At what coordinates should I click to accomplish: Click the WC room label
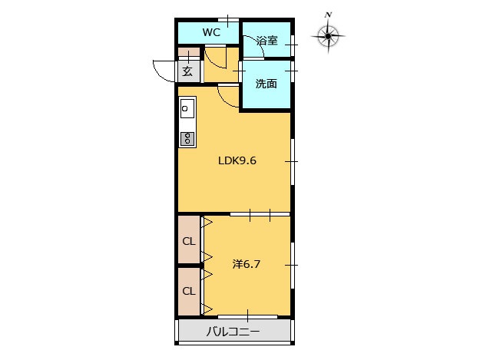tap(211, 32)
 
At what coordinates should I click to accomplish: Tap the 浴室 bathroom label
tap(267, 41)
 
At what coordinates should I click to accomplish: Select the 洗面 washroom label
tap(266, 84)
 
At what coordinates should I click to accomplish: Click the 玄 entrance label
tap(187, 72)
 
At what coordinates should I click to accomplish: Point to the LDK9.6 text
tap(237, 160)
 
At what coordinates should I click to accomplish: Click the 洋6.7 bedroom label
tap(247, 264)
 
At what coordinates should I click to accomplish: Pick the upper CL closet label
tap(189, 241)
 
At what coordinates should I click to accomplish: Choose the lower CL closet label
tap(189, 291)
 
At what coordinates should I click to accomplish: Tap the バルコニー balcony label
tap(233, 332)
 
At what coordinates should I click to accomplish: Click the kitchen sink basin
tap(187, 108)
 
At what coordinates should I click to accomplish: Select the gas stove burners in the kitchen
tap(187, 139)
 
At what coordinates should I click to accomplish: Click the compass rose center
tap(328, 36)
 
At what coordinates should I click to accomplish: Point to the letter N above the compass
tap(329, 15)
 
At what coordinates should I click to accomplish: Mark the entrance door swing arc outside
tap(160, 73)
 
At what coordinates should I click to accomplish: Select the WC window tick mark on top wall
tap(228, 20)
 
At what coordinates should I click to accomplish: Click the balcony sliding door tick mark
tap(247, 315)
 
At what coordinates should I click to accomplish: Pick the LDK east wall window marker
tap(291, 161)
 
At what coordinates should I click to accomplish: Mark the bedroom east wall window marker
tap(291, 265)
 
